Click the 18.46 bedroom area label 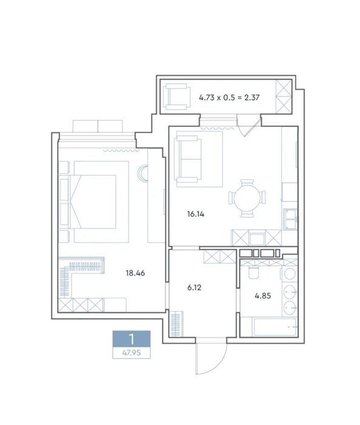(135, 273)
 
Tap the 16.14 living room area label (195, 214)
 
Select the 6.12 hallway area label (194, 287)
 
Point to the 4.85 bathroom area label (263, 296)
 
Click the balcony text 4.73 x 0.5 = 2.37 (229, 97)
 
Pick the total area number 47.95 (132, 353)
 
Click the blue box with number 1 (132, 339)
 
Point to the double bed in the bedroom (92, 202)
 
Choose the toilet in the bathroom (254, 273)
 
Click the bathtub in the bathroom (274, 327)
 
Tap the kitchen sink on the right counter (290, 219)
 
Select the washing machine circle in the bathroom (290, 274)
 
